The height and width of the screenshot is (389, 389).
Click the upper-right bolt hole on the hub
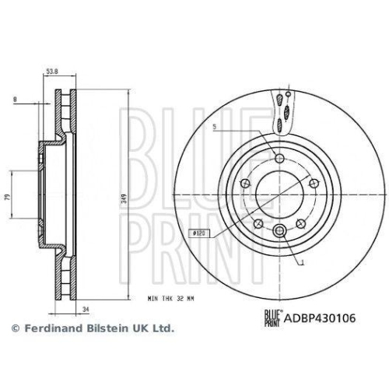coord(314,184)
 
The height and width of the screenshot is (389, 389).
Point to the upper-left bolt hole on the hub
coord(245,184)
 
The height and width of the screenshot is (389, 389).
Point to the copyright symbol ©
coord(13,329)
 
